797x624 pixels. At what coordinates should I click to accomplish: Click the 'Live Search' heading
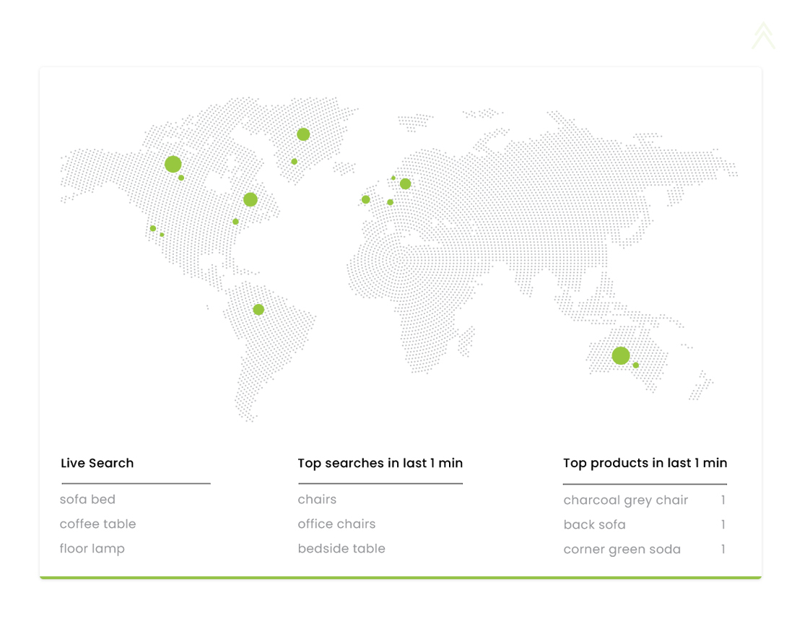pos(97,463)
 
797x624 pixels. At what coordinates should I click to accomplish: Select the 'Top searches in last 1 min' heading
pos(380,463)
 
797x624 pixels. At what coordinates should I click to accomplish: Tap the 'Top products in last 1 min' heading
pos(645,463)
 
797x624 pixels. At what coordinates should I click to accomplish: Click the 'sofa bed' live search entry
pos(87,499)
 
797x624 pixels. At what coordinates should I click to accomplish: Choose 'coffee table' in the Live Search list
pos(97,524)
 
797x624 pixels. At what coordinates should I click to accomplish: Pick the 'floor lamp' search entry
pos(92,549)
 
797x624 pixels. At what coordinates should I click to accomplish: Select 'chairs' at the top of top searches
pos(317,499)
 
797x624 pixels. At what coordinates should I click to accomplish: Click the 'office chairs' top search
pos(336,524)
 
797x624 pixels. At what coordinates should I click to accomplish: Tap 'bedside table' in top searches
pos(341,549)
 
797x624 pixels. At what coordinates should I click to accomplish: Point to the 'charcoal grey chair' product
pos(626,500)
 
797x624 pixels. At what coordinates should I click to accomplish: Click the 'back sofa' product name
pos(595,525)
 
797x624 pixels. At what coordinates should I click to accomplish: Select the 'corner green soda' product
pos(622,550)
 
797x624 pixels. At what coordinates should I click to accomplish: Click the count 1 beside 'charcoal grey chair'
pos(723,500)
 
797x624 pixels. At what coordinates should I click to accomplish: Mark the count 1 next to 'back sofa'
pos(723,524)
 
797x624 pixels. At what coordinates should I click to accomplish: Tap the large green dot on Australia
pos(621,356)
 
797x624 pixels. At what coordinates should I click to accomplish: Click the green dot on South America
pos(258,309)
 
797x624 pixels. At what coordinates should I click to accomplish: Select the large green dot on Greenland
pos(303,134)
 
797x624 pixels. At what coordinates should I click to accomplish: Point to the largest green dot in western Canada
pos(173,164)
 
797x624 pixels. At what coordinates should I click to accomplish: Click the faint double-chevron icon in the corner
pos(764,35)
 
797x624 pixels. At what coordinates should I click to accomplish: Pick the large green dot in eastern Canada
pos(250,199)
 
